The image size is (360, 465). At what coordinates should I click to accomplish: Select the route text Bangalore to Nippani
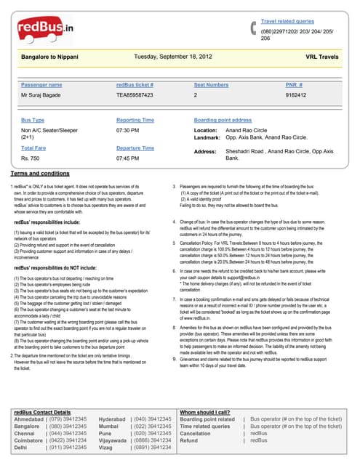pyautogui.click(x=50, y=56)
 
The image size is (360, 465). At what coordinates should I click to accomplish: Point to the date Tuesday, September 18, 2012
pyautogui.click(x=173, y=56)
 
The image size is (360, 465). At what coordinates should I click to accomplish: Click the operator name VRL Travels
pyautogui.click(x=321, y=56)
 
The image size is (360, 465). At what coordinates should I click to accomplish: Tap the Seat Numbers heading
pyautogui.click(x=211, y=85)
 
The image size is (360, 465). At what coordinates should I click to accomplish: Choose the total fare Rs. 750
pyautogui.click(x=30, y=157)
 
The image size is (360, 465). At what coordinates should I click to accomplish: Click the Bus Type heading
pyautogui.click(x=33, y=120)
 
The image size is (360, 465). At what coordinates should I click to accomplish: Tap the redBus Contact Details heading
pyautogui.click(x=42, y=412)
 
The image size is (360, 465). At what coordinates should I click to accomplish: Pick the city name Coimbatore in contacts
pyautogui.click(x=33, y=440)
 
